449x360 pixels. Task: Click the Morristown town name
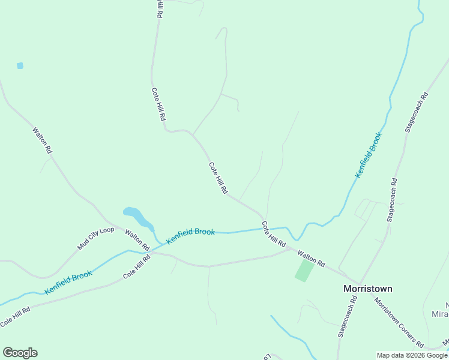[367, 289]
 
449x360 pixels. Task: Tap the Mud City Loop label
[95, 239]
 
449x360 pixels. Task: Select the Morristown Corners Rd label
[399, 322]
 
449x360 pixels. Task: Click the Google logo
[20, 353]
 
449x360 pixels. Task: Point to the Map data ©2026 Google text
[411, 355]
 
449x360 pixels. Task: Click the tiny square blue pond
[20, 65]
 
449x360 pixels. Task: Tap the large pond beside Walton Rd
[137, 217]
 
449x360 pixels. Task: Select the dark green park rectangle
[304, 271]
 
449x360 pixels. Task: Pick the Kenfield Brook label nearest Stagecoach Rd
[369, 155]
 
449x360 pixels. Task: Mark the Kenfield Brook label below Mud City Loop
[68, 283]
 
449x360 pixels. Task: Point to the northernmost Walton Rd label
[42, 140]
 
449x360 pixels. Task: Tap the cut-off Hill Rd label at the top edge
[159, 8]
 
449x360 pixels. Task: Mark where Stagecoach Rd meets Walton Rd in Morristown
[359, 283]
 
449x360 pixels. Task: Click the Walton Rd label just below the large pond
[137, 239]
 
